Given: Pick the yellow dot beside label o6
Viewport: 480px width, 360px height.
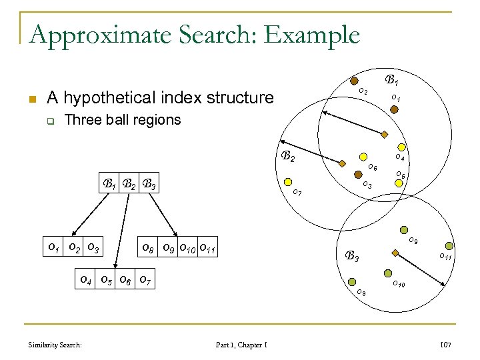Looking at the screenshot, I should [x=361, y=157].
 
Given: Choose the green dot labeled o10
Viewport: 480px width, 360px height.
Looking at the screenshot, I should [x=387, y=273].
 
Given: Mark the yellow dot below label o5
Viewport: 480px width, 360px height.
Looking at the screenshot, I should [x=401, y=187].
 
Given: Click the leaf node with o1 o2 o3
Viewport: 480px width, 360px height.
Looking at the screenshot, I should [x=73, y=249].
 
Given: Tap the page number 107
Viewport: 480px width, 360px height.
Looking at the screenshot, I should [x=445, y=345].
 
